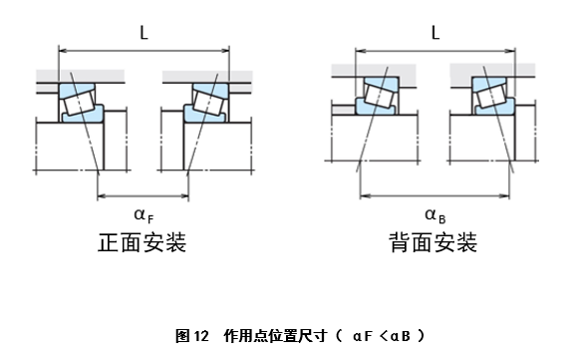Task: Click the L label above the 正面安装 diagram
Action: [x=145, y=32]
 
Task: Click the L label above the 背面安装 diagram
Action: [x=435, y=32]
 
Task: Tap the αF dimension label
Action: [x=144, y=213]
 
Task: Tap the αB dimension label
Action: [x=434, y=213]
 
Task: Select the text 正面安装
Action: [x=143, y=242]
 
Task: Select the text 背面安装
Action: [x=434, y=242]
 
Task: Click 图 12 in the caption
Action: [x=192, y=335]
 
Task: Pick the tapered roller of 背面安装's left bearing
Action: [x=377, y=96]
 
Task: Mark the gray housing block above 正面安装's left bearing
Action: [x=80, y=76]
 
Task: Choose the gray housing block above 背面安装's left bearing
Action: [x=375, y=72]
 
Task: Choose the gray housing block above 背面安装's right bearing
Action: [x=493, y=72]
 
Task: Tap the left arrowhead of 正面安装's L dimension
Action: [x=63, y=47]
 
